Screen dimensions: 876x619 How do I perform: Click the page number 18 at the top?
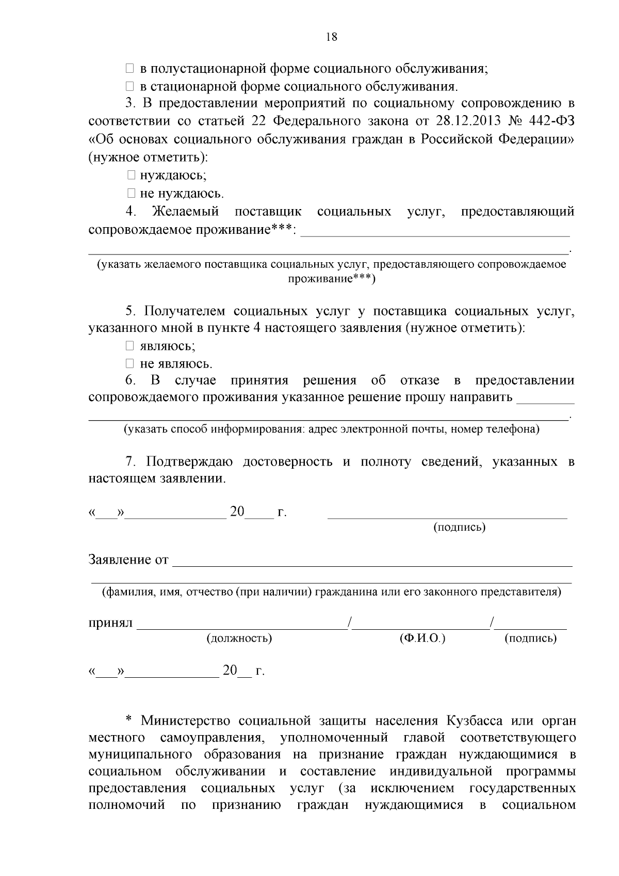(332, 37)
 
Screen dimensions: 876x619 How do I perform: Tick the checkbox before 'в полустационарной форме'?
(131, 69)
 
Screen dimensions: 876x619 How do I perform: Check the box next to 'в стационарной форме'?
(131, 86)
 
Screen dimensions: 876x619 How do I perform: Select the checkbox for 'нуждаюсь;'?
(131, 176)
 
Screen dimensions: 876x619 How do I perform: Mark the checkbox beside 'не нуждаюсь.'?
(131, 194)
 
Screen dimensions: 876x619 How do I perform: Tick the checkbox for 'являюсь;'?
(131, 345)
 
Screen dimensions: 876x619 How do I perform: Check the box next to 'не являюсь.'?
(131, 363)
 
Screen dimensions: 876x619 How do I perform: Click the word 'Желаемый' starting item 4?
(186, 212)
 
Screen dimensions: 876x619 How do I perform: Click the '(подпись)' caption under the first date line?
(459, 527)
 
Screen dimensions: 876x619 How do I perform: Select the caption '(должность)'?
(239, 639)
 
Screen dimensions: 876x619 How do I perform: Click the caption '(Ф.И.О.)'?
(422, 639)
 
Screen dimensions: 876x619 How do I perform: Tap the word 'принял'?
(110, 623)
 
